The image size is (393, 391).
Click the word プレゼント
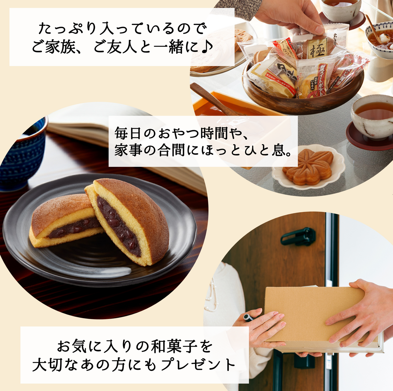(x=198, y=365)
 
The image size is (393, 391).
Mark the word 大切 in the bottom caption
(x=52, y=365)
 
